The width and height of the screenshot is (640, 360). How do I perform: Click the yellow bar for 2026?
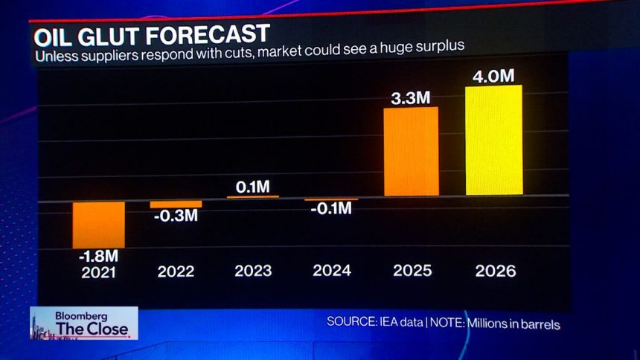click(x=493, y=141)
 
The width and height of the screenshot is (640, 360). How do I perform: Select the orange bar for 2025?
click(x=411, y=152)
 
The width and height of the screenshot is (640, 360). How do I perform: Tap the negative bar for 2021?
click(x=99, y=224)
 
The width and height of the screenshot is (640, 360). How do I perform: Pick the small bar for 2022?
click(x=176, y=204)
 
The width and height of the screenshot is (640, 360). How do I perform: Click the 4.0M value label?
click(x=493, y=75)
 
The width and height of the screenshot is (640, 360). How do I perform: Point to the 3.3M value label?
click(x=411, y=97)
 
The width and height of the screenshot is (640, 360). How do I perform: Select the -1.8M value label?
click(x=98, y=257)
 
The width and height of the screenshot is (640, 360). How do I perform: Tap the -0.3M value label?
click(x=176, y=216)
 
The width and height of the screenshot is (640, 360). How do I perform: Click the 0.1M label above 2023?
click(x=253, y=187)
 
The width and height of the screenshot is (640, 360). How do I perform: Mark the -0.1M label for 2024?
click(x=331, y=209)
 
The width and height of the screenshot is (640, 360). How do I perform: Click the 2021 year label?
click(x=98, y=271)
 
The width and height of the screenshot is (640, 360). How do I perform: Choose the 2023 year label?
click(x=253, y=271)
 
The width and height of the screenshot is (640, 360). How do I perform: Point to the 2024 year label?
click(x=332, y=271)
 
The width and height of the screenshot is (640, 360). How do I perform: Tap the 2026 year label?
click(x=495, y=271)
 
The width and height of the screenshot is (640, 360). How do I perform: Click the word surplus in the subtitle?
click(x=441, y=46)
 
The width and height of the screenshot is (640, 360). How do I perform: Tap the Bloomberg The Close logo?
click(x=83, y=323)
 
